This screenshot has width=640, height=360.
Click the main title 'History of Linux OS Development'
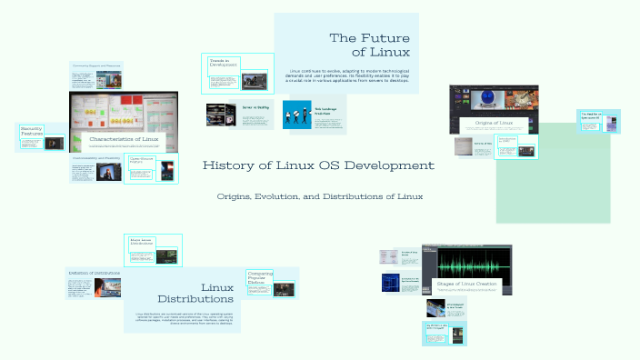(x=318, y=165)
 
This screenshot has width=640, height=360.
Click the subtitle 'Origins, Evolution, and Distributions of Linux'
(x=320, y=196)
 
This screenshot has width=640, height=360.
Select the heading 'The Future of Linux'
(x=369, y=45)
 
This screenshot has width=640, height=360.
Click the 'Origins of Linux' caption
(x=494, y=122)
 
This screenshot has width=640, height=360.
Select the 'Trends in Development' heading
(x=223, y=63)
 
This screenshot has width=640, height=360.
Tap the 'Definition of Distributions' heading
(x=93, y=272)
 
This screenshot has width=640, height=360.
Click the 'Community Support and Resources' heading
(x=97, y=66)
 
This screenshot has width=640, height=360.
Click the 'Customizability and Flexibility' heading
(x=97, y=157)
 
